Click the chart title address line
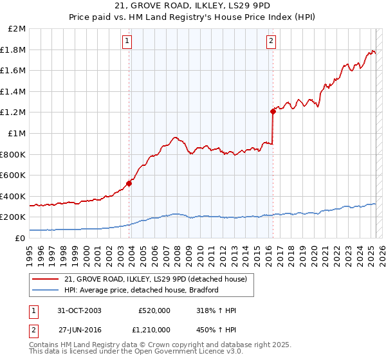pyautogui.click(x=192, y=6)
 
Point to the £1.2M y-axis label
pyautogui.click(x=14, y=113)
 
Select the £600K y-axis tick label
pyautogui.click(x=14, y=175)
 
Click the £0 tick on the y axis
pyautogui.click(x=20, y=238)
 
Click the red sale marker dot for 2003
pyautogui.click(x=129, y=183)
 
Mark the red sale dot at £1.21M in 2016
pyautogui.click(x=273, y=111)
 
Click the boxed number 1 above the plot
pyautogui.click(x=127, y=40)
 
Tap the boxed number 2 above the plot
pyautogui.click(x=271, y=40)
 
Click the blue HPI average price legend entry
pyautogui.click(x=142, y=290)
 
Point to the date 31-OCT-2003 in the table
pyautogui.click(x=79, y=310)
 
